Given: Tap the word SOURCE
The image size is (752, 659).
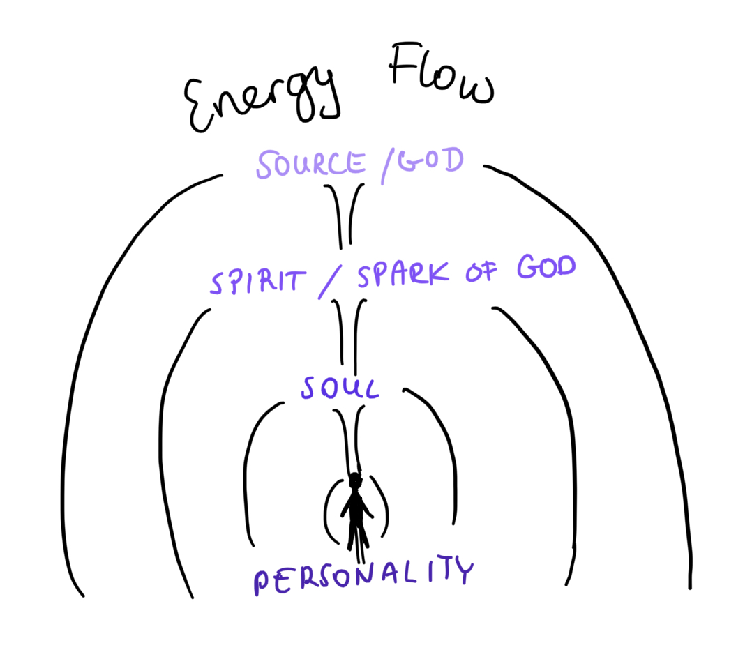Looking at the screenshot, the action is tap(310, 164).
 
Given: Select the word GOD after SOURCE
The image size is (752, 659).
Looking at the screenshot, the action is tap(430, 160).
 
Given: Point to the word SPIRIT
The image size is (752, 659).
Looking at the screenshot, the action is tap(258, 281).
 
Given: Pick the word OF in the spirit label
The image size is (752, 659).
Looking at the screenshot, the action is tap(481, 272).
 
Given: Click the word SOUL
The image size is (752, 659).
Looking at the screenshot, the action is tap(340, 388).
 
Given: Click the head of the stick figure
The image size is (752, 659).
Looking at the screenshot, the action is tap(355, 480).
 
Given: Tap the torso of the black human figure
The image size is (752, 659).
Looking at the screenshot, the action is tap(356, 507).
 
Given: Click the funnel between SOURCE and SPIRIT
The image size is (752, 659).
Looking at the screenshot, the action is tap(345, 215).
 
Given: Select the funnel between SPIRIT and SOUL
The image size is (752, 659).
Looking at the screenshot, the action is tap(349, 335).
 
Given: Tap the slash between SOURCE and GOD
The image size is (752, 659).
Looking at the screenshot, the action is tap(389, 166).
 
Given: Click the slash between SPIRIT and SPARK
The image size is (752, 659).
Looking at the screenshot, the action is tap(331, 282).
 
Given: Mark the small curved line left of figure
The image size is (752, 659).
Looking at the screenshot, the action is tap(326, 510).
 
